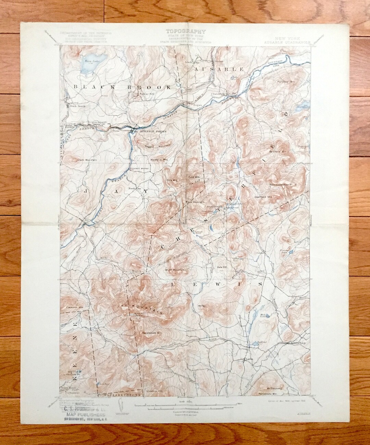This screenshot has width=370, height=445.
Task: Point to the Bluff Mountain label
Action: (x=175, y=270)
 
